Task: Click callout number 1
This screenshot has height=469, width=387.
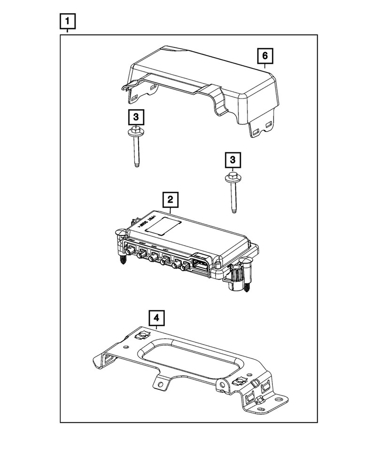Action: [68, 21]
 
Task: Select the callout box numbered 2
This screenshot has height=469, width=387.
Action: [170, 200]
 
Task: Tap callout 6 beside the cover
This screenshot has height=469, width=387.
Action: [264, 56]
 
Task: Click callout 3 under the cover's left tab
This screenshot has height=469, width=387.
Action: [135, 116]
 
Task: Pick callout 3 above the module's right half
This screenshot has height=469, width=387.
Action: [232, 160]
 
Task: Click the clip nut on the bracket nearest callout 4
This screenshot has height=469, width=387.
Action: [140, 336]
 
